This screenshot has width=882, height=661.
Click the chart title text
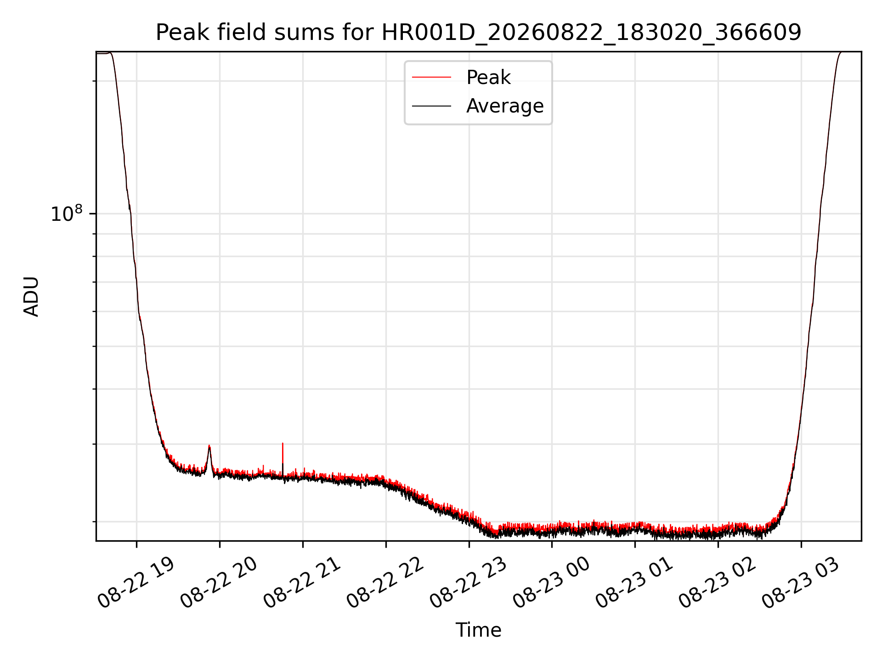click(479, 33)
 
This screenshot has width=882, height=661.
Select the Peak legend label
click(488, 78)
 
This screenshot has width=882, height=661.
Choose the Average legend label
click(505, 106)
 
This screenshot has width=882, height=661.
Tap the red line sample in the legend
click(431, 78)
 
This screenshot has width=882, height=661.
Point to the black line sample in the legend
click(431, 106)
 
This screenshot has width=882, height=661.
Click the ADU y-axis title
click(31, 297)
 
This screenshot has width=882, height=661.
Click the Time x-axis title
click(478, 630)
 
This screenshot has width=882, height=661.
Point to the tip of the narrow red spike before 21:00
click(283, 443)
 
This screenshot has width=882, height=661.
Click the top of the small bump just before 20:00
click(209, 446)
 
